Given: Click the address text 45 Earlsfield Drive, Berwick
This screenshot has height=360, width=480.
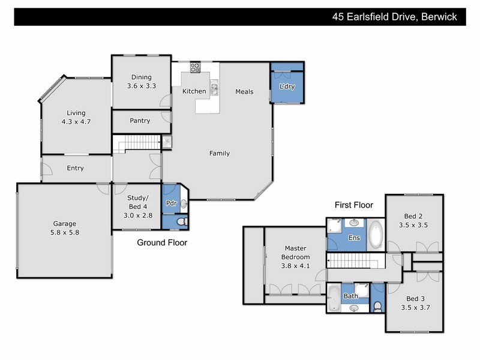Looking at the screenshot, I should pyautogui.click(x=395, y=17).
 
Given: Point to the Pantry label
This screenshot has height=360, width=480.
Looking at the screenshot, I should pyautogui.click(x=140, y=121).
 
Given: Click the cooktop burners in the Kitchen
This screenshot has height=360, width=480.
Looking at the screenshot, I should pyautogui.click(x=196, y=68).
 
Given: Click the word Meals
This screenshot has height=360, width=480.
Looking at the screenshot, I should pyautogui.click(x=244, y=92).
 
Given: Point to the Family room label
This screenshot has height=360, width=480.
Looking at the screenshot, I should pyautogui.click(x=219, y=153).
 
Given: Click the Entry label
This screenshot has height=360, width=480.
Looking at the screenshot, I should pyautogui.click(x=75, y=168).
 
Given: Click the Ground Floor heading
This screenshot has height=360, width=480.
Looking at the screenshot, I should pyautogui.click(x=162, y=243).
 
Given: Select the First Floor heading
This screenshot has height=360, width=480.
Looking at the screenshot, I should pyautogui.click(x=354, y=205).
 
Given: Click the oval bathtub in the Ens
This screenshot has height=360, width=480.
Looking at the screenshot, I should pyautogui.click(x=376, y=235).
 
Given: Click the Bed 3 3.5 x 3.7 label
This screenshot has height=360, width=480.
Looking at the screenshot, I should pyautogui.click(x=414, y=304).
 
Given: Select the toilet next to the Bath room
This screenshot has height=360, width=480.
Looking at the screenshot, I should pyautogui.click(x=377, y=305).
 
